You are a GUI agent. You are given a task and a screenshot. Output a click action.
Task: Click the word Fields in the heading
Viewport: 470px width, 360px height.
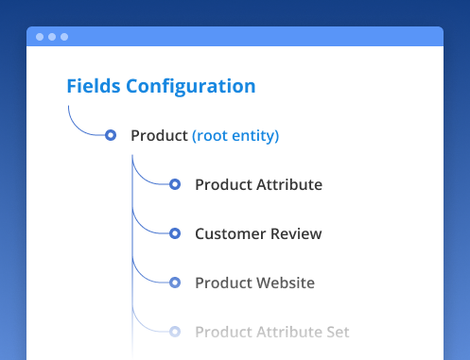[x=91, y=86]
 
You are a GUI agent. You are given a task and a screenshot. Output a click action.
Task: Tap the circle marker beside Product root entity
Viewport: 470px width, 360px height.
[x=111, y=135]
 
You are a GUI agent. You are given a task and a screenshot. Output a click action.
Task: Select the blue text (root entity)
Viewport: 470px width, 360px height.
[x=235, y=136]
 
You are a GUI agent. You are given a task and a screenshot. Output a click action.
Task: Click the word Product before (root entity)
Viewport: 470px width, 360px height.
[x=159, y=136]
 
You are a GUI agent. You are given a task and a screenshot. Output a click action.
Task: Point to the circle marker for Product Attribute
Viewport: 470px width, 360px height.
[x=175, y=184]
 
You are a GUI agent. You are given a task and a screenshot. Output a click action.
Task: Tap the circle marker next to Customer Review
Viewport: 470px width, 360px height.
[x=175, y=233]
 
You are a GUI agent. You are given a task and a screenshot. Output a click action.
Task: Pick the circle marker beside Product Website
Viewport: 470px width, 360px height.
[x=175, y=283]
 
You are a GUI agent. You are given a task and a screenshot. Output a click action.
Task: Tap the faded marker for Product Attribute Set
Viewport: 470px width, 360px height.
[x=175, y=332]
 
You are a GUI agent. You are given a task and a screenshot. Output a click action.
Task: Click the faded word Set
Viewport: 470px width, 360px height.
[x=338, y=333]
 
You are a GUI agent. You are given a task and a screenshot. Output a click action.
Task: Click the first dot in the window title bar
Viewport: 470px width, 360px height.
[x=40, y=37]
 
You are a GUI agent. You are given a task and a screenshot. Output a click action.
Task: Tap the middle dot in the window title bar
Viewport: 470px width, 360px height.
[x=52, y=37]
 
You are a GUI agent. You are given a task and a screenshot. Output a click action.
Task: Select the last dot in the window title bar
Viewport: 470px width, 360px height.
[x=64, y=37]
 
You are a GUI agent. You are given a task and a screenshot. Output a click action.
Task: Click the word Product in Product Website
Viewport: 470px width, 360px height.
[x=222, y=283]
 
